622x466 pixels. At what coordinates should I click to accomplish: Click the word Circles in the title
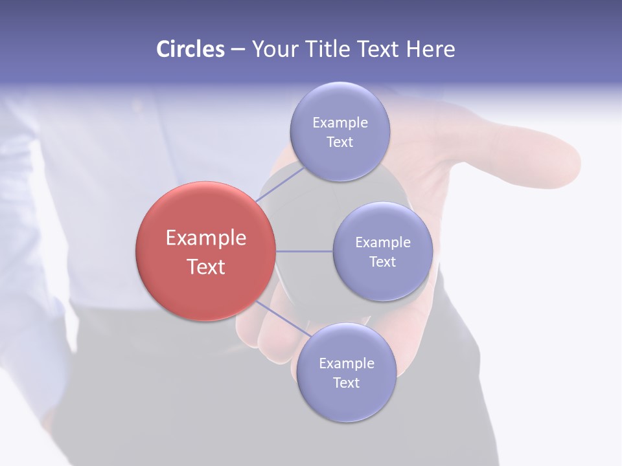(190, 49)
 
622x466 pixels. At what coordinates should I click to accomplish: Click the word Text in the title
(380, 49)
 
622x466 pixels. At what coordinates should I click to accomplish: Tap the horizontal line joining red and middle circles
(305, 251)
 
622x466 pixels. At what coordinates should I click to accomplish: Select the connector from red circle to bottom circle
(284, 320)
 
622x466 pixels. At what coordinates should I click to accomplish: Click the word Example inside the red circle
(205, 238)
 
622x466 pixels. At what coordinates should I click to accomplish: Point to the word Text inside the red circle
(205, 267)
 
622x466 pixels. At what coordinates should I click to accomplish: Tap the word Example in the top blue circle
(340, 123)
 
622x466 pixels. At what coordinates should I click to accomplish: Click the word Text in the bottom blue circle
(346, 383)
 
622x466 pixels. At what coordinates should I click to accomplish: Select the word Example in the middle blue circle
(382, 243)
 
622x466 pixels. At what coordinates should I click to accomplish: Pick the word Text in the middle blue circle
(382, 261)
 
